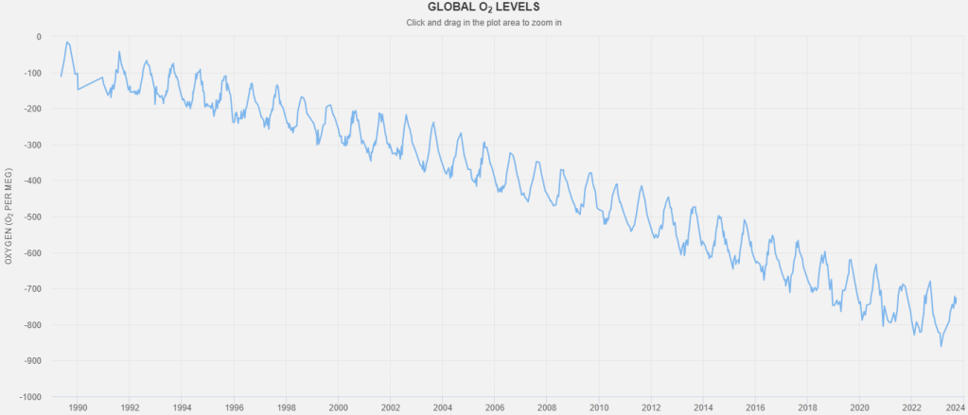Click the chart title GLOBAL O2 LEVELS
[x=484, y=7]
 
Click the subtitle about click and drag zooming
[x=484, y=21]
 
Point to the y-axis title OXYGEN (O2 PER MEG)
[x=9, y=216]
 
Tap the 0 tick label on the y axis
[x=38, y=37]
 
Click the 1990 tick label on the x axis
[x=78, y=408]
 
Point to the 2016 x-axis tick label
[x=754, y=408]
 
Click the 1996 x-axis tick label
[x=234, y=408]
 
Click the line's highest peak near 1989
[x=68, y=42]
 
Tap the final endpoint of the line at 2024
[x=956, y=299]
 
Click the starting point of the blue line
[x=62, y=77]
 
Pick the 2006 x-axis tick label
[x=494, y=408]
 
